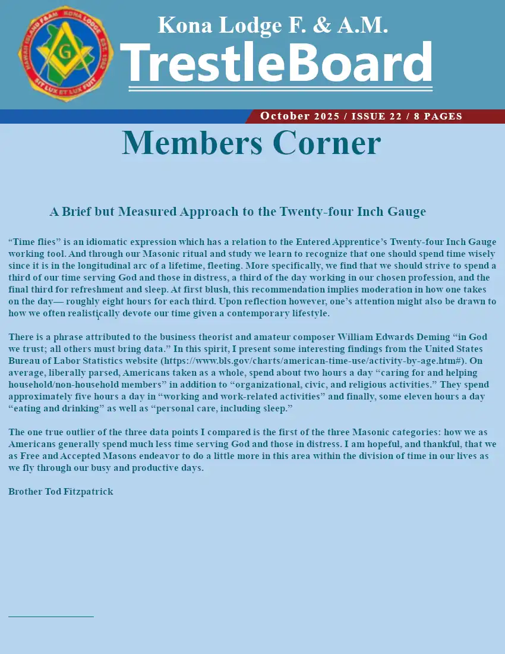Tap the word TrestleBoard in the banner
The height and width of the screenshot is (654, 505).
pyautogui.click(x=277, y=62)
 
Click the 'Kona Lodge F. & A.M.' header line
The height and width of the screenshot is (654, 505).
pyautogui.click(x=273, y=25)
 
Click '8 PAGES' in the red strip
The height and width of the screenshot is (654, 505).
pyautogui.click(x=438, y=116)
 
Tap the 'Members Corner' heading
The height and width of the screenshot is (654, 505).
pyautogui.click(x=251, y=143)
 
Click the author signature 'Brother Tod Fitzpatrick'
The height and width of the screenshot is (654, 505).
pyautogui.click(x=61, y=492)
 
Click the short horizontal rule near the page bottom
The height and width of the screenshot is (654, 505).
pyautogui.click(x=51, y=617)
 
